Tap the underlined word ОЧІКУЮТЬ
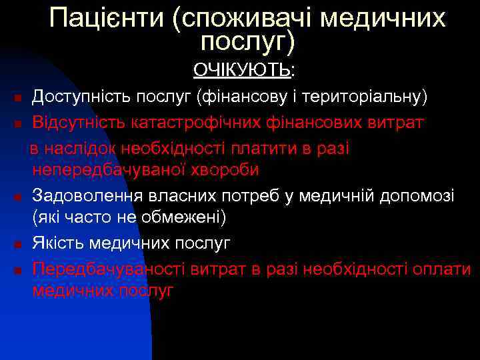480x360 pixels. point(242,69)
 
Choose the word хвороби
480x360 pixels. point(225,170)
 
